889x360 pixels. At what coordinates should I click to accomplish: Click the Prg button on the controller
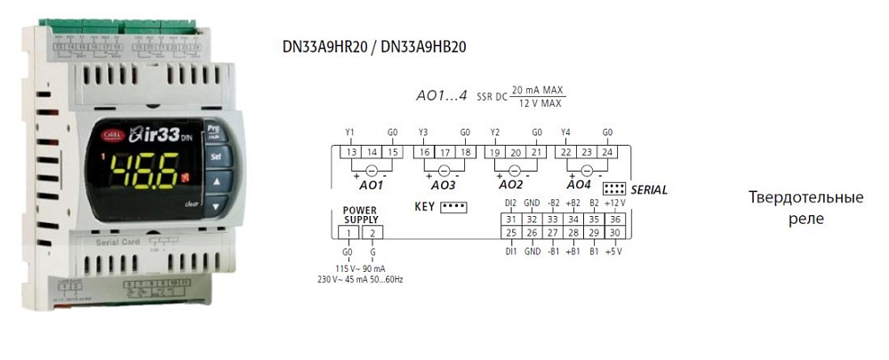[x=213, y=129]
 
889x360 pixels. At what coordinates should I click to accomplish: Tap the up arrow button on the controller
[x=215, y=181]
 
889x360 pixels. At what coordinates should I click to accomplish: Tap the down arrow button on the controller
[x=215, y=208]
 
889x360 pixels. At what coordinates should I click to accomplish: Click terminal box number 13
[x=352, y=153]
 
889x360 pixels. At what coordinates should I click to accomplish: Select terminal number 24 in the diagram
[x=607, y=153]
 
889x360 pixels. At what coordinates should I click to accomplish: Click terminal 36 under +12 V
[x=615, y=220]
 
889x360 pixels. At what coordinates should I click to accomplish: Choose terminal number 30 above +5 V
[x=615, y=233]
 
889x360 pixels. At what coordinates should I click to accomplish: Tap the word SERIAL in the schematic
[x=648, y=190]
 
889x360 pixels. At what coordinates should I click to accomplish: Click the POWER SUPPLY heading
[x=360, y=214]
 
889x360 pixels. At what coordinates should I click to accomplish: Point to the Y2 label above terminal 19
[x=495, y=132]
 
